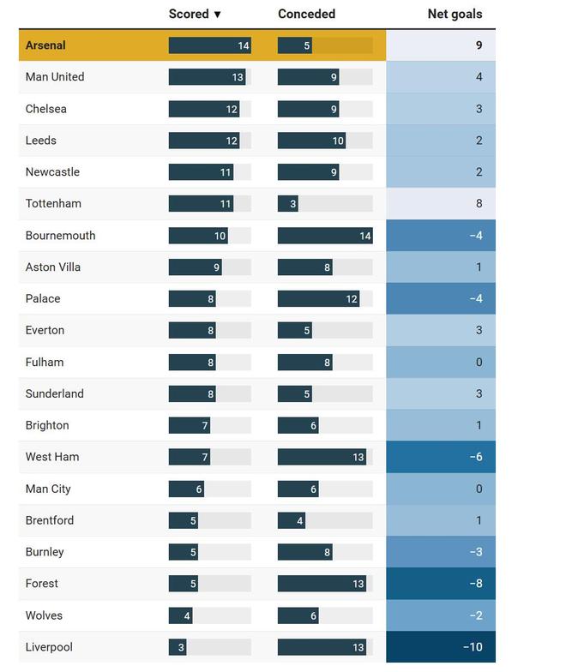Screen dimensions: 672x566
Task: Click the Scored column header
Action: pos(189,14)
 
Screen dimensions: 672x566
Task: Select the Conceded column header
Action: pos(306,14)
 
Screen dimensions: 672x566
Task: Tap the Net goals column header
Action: pos(455,14)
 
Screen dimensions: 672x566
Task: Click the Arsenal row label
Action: pos(45,45)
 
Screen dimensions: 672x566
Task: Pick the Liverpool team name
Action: pos(50,647)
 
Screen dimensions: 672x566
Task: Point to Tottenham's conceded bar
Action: pos(287,204)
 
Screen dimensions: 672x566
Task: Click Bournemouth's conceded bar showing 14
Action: pos(325,236)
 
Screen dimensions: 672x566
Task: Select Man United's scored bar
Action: pos(207,77)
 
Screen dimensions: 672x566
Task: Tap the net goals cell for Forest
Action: pos(441,584)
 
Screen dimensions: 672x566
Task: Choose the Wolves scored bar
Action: pos(180,615)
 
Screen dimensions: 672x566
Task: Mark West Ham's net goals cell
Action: pos(441,457)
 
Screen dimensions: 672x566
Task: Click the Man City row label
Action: pos(48,489)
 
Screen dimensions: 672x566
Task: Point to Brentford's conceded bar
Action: pos(292,520)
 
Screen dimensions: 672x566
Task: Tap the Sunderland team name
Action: pos(54,393)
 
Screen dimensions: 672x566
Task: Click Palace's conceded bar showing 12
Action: pos(318,299)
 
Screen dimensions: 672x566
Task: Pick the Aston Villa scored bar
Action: pos(195,267)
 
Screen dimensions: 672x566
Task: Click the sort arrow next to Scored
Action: pos(218,15)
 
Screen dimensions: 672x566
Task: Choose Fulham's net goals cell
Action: pos(441,362)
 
